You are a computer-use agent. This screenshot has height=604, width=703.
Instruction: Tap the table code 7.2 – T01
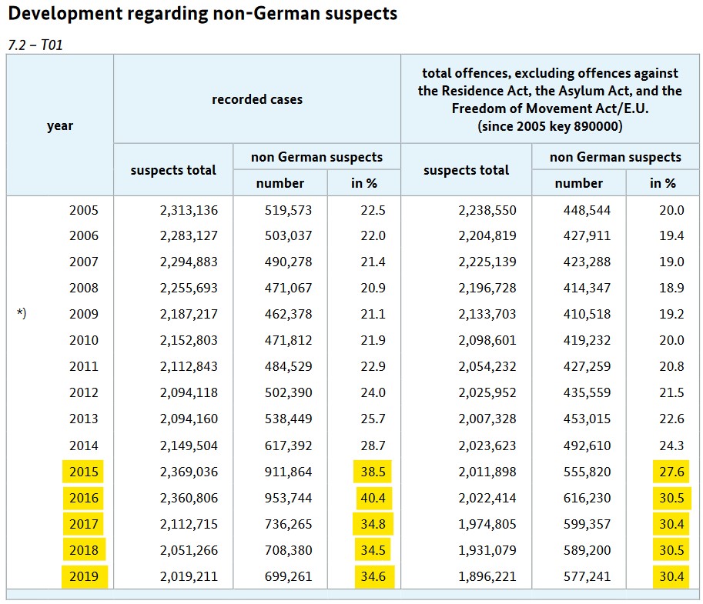click(x=35, y=45)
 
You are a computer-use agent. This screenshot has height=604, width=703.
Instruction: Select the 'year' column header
click(x=59, y=125)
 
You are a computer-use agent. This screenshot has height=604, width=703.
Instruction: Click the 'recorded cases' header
click(x=257, y=99)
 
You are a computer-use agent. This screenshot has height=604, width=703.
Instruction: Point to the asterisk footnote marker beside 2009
click(x=22, y=314)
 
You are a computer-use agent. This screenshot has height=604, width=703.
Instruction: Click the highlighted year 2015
click(x=83, y=472)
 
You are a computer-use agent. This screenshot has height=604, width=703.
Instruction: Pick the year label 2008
click(x=83, y=288)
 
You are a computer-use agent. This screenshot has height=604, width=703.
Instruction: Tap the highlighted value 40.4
click(x=373, y=498)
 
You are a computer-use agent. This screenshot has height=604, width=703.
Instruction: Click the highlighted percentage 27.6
click(x=669, y=472)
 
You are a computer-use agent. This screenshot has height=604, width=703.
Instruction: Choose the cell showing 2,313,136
click(x=189, y=209)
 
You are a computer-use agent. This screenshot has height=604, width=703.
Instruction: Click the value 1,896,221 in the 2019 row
click(x=487, y=576)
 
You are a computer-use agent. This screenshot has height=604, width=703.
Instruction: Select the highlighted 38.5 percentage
click(x=373, y=472)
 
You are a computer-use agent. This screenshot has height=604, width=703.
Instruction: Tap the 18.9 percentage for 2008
click(x=671, y=288)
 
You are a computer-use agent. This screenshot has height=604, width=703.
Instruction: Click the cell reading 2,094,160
click(x=189, y=419)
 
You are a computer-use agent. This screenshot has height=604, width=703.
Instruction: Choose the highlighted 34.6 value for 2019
click(x=373, y=576)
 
